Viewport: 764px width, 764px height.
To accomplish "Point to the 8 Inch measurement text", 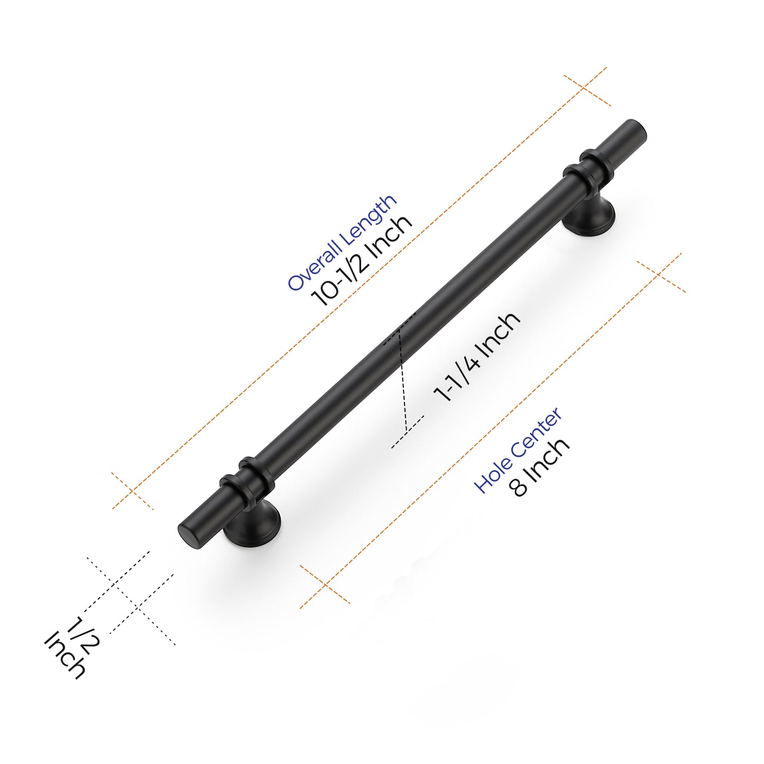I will [540, 467].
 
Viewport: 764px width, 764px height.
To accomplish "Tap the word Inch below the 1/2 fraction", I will [65, 655].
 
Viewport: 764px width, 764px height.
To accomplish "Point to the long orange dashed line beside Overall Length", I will [360, 288].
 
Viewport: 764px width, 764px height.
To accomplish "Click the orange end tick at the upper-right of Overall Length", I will [587, 90].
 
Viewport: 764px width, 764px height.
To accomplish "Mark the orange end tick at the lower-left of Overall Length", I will [133, 491].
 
